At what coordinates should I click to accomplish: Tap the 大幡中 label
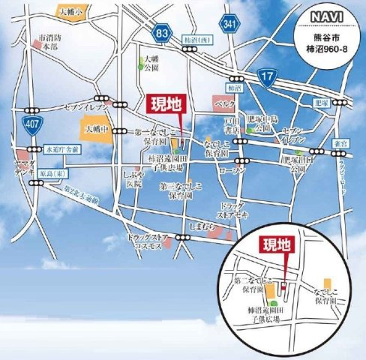[x=94, y=128]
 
